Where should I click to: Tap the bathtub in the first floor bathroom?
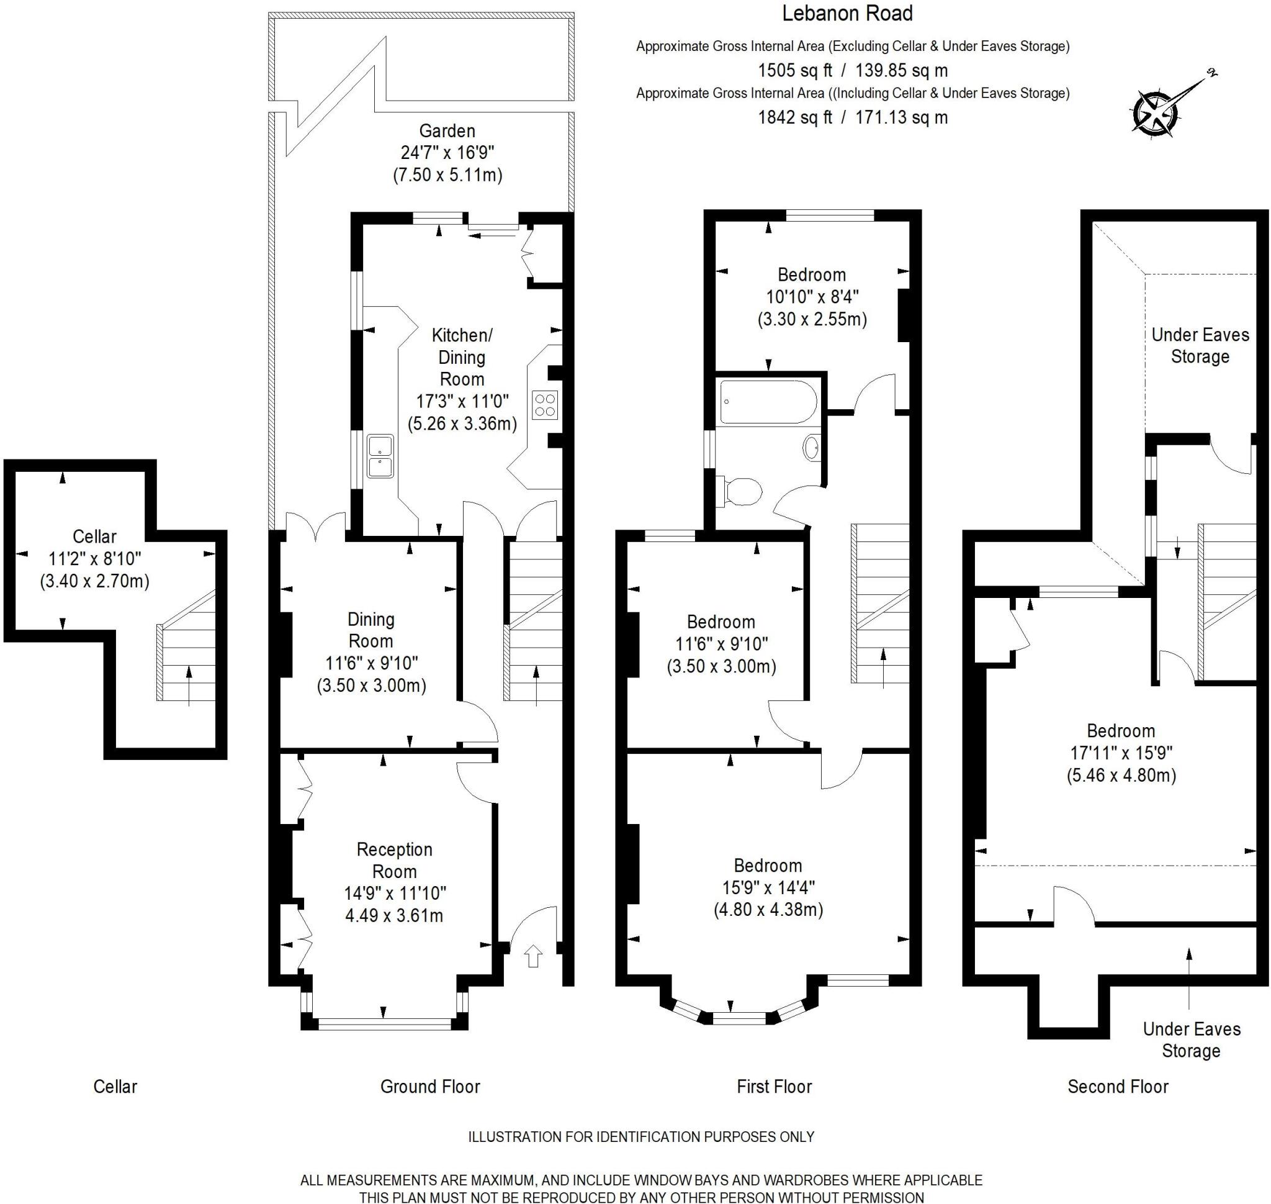pos(768,402)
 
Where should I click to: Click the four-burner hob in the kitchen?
pos(545,405)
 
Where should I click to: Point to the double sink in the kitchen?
pos(380,456)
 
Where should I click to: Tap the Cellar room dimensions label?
pos(95,558)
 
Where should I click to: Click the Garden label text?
pos(447,131)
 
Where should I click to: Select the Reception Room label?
pos(395,860)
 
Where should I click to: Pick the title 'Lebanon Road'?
pos(847,13)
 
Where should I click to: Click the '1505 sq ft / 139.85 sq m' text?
pos(853,70)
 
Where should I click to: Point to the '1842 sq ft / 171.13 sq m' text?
pos(853,117)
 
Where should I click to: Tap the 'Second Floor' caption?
pos(1118,1087)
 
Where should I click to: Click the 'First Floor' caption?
pos(775,1087)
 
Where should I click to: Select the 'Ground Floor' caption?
pos(430,1087)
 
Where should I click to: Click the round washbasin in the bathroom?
pos(811,447)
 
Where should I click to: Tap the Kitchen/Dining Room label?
pos(462,357)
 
